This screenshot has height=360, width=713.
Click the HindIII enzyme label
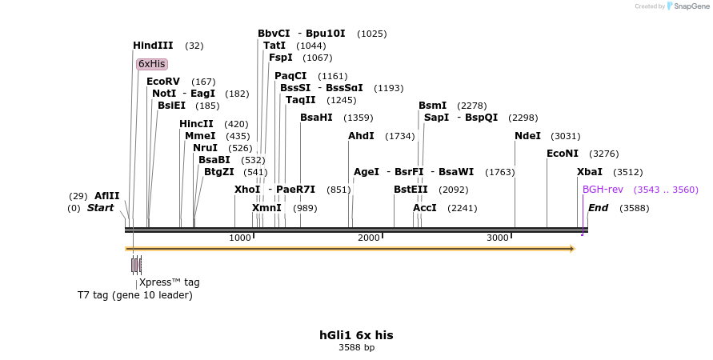[153, 46]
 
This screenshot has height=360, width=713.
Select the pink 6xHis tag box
[151, 63]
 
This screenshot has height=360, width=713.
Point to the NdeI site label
[527, 136]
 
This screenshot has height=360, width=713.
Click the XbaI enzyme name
[590, 172]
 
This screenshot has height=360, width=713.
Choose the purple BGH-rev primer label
[603, 190]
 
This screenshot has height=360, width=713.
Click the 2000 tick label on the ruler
[368, 238]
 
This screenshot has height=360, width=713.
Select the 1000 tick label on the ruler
[240, 238]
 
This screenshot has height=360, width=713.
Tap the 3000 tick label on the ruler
[498, 238]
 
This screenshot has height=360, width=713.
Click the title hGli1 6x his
[356, 335]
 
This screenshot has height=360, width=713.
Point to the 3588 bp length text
[356, 348]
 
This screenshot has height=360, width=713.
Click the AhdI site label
[361, 136]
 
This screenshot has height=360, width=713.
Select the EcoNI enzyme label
[562, 154]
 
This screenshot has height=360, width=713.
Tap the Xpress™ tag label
[170, 282]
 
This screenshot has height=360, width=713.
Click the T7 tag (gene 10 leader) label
[135, 295]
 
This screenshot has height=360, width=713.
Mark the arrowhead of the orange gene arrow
[571, 249]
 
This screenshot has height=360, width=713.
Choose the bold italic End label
[598, 208]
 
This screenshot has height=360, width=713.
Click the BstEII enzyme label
[411, 190]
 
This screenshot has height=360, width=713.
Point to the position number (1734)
[400, 137]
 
